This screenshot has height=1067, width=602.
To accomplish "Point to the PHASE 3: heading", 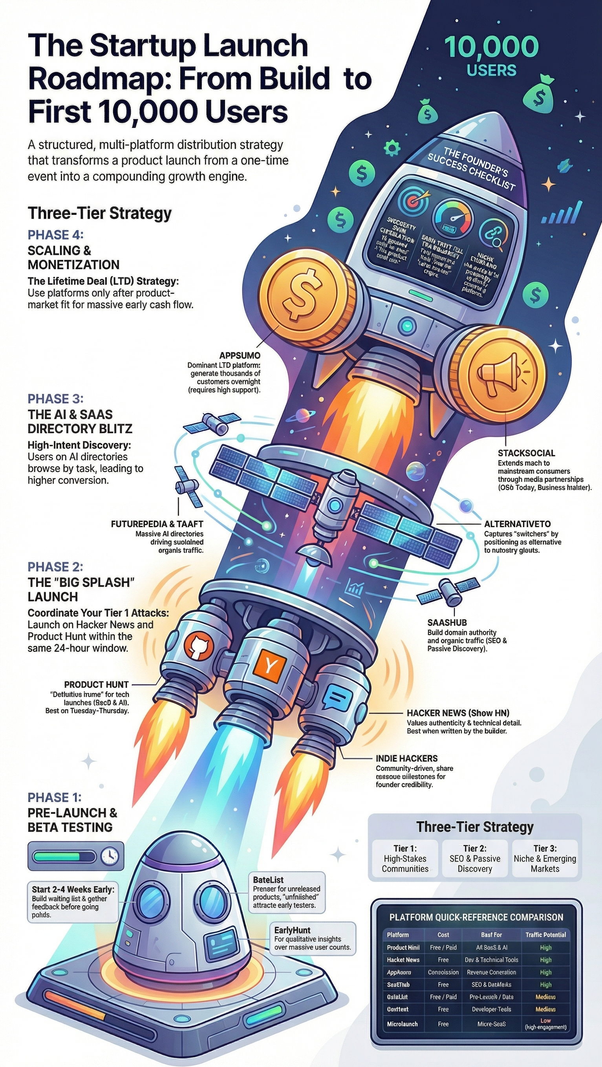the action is point(55,399).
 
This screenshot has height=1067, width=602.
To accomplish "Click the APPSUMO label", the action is point(240,355).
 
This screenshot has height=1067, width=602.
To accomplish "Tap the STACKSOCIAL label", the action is point(526,453).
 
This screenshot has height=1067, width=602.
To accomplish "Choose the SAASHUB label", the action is point(447,622).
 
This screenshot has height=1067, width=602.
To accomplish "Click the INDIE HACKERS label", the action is point(406,758).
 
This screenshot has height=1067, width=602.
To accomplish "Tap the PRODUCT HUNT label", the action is point(96,684).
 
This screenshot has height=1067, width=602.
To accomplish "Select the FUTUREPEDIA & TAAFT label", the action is point(157,524).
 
